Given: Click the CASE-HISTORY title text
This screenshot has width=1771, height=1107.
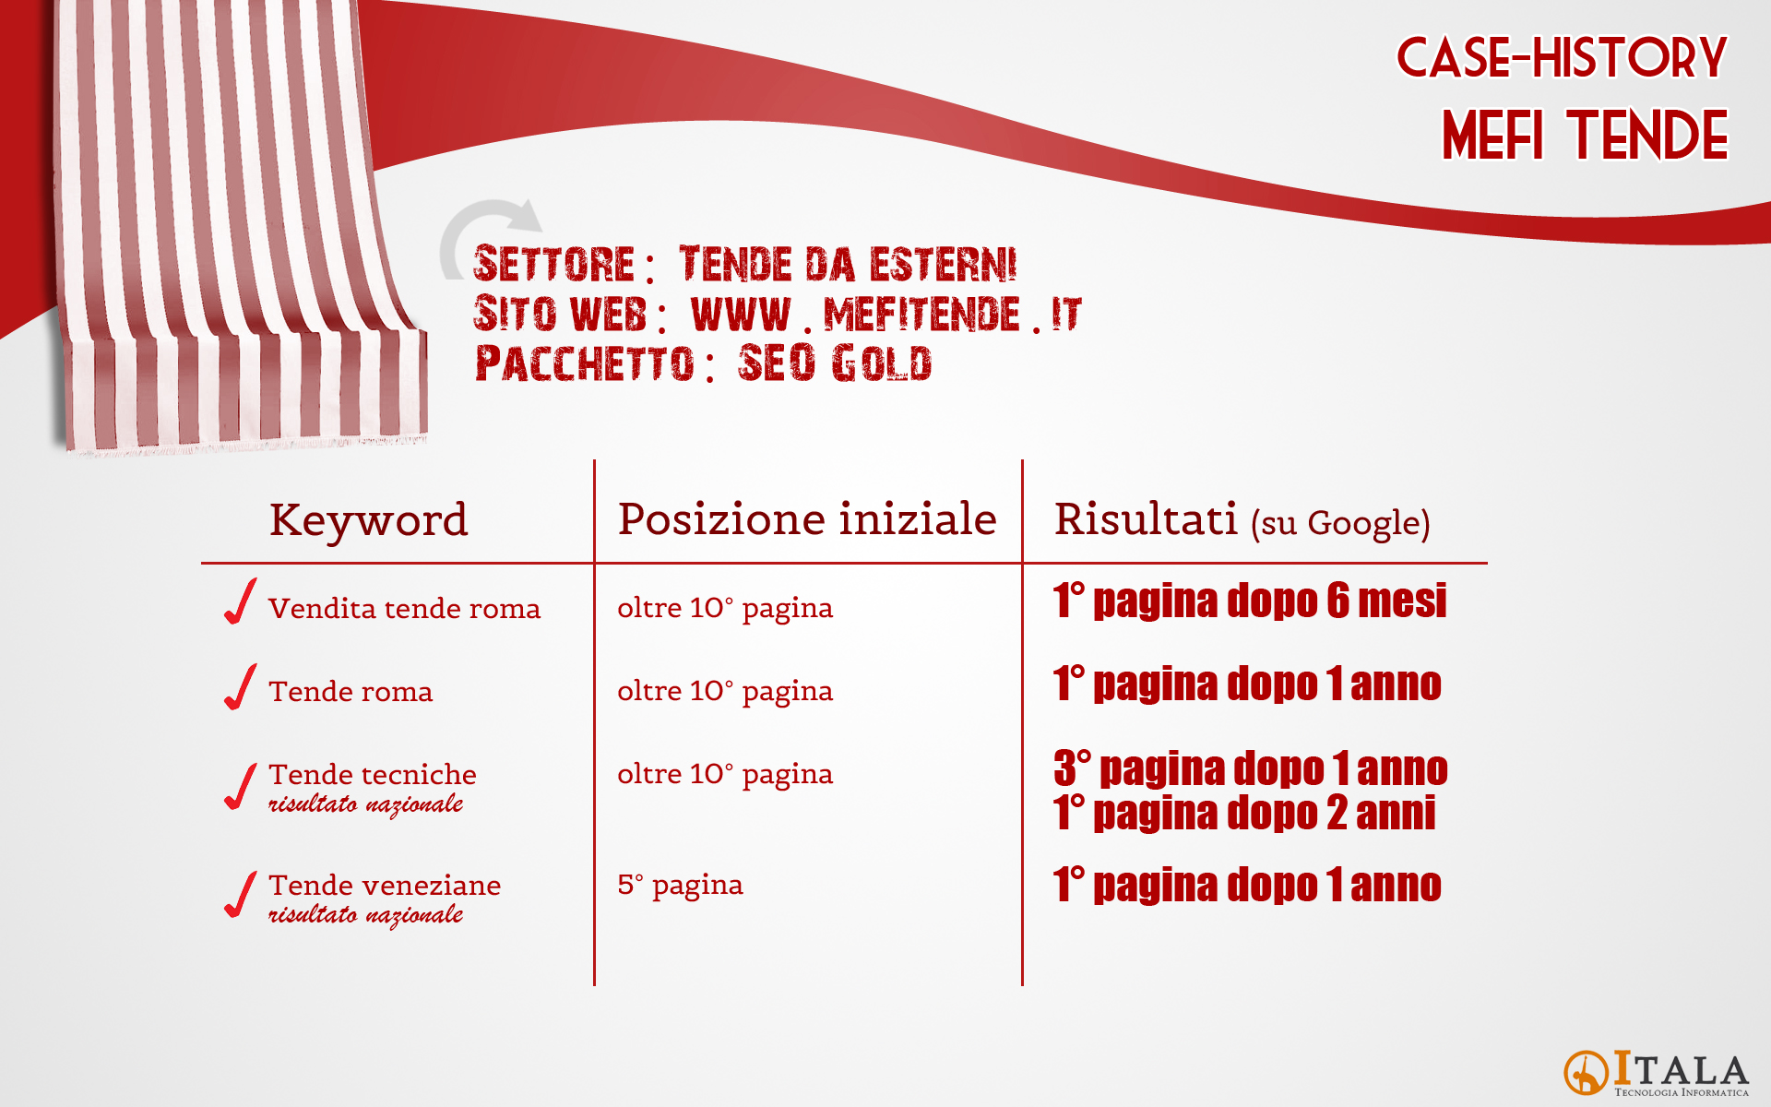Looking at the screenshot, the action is pos(1561,57).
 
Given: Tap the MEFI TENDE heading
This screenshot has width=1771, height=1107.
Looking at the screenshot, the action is pos(1585,135).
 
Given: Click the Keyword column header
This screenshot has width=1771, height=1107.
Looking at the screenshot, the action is pos(368,519).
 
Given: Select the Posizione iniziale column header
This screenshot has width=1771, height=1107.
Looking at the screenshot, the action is pos(807,518).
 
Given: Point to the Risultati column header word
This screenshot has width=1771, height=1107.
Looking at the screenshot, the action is pos(1146,518).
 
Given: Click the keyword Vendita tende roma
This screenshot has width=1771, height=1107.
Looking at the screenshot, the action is pos(404,609).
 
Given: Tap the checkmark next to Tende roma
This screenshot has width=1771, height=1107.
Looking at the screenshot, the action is pos(240,687).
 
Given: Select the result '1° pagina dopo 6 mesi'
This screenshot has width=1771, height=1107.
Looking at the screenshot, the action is pos(1250,601).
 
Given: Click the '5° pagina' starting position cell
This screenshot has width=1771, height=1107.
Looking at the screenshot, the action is pos(680,886).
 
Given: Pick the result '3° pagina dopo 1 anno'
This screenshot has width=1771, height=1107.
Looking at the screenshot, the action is pos(1250,768).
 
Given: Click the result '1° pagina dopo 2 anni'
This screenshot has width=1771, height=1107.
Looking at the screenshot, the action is pos(1244,813).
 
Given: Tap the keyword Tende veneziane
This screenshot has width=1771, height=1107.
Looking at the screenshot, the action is pos(385,886).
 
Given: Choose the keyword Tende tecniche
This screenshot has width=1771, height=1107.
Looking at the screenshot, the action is pos(373,775).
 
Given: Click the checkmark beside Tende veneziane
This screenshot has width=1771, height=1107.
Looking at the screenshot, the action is pos(240,895).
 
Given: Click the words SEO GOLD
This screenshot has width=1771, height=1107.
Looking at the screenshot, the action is pos(835,363).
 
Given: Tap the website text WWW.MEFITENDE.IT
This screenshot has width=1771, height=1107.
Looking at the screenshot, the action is pos(885,315).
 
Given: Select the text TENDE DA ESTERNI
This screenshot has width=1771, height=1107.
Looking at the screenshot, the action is pos(848,265).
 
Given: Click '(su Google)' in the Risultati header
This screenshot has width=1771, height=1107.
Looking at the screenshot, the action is pos(1340,523).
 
